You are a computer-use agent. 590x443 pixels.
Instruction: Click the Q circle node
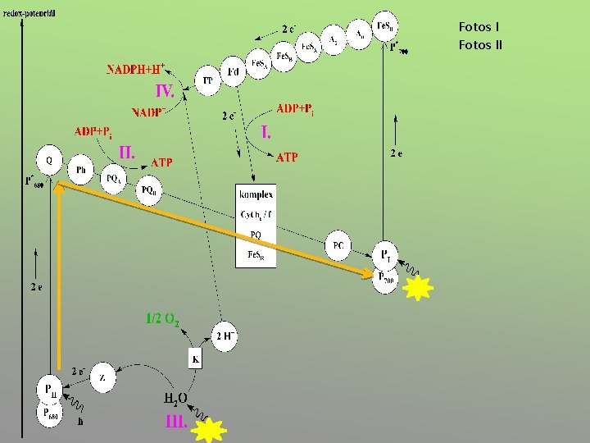coord(49,158)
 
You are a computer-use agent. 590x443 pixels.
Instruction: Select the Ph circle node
coord(80,169)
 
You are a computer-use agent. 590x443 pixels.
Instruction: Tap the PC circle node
coord(338,245)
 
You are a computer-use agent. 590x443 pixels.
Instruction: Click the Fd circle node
coord(233,73)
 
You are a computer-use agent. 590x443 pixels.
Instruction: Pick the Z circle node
coord(102,377)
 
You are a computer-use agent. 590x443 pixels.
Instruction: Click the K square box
coord(196,359)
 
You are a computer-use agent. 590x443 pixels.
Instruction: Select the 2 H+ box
coord(225,336)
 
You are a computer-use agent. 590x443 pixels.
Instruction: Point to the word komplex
coord(256,194)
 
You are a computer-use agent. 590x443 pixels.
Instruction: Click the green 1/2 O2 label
coord(162,319)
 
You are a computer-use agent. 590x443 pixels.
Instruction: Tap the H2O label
coord(175,400)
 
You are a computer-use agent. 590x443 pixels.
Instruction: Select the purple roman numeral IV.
coord(165,89)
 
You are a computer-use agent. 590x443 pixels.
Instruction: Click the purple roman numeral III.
coord(176,422)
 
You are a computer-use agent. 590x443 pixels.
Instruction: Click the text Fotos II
coord(480,44)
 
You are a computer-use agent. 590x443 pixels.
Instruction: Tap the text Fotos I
coord(479,27)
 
